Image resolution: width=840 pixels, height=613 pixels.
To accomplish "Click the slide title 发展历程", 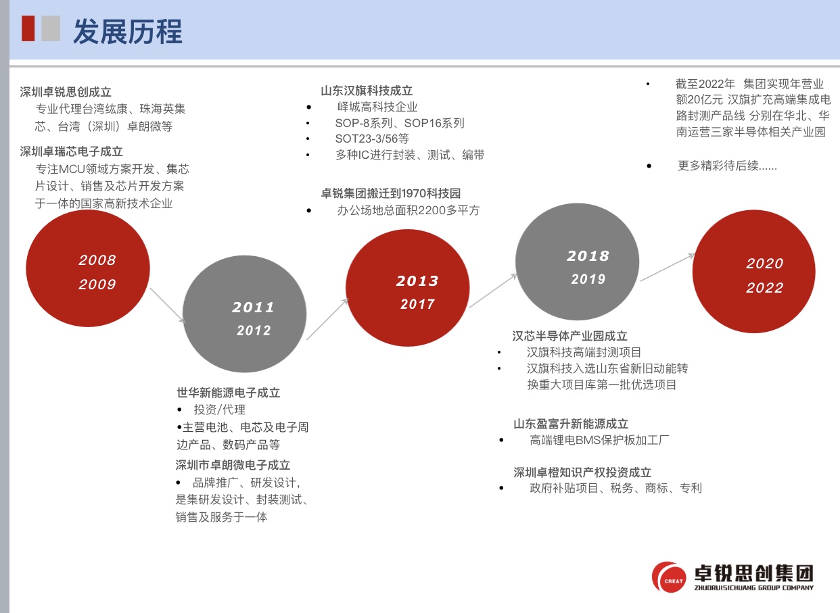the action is point(128,32).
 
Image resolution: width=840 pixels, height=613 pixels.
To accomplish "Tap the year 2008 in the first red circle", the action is point(97,260).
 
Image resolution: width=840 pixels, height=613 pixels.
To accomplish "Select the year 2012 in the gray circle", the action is point(254,330).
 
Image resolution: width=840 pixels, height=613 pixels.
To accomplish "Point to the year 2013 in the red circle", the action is point(417,280).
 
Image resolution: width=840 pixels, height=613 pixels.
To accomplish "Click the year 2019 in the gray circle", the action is point(588,278).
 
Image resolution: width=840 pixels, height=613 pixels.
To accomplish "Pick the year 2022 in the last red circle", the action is point(765,287).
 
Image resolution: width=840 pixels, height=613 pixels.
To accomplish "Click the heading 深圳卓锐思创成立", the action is point(66,92).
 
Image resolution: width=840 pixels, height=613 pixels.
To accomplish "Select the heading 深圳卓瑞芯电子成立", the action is point(71,151).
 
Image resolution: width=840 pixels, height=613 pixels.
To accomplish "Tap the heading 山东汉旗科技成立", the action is point(367,91).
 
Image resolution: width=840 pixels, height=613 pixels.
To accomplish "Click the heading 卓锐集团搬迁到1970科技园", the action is point(390,193).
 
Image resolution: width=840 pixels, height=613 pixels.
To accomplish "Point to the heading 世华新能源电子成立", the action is point(229,393).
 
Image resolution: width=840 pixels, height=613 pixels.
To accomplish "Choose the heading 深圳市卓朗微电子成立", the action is point(233,465).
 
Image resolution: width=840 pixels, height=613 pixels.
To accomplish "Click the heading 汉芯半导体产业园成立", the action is point(569,336).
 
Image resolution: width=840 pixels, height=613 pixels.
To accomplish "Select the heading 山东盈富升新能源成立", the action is point(571,424).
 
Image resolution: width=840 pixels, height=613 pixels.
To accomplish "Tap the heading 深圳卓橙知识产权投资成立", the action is point(582,472).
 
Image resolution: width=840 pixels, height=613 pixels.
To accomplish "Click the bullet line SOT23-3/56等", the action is point(372,139).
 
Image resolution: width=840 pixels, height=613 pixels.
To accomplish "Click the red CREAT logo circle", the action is point(669,577).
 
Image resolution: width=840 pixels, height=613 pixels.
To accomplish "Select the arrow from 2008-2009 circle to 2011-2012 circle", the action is point(167,305).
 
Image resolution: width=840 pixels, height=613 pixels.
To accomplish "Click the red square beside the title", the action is point(28,28).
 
